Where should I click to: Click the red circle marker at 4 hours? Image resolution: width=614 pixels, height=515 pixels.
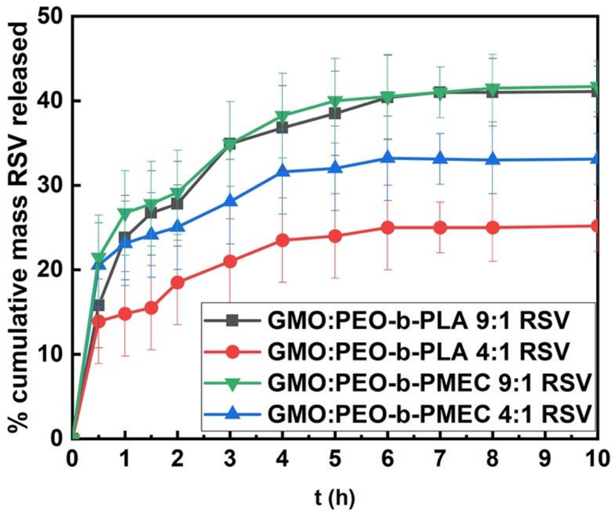pos(282,241)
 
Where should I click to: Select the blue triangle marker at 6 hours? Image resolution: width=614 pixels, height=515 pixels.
pos(388,157)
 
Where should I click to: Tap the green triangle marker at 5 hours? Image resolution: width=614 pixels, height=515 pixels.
pos(335,101)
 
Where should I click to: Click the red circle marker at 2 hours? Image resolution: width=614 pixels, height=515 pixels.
pos(177,283)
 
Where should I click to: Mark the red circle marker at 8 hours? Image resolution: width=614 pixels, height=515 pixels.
pos(493,227)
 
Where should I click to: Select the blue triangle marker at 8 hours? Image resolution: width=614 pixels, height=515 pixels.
pos(493,159)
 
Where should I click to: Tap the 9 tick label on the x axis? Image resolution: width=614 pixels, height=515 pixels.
pos(545,460)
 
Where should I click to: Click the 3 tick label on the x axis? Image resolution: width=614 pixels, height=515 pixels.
pos(230,460)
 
